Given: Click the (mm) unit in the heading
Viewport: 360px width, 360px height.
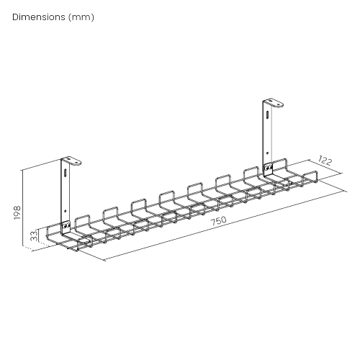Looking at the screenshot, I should pyautogui.click(x=81, y=17).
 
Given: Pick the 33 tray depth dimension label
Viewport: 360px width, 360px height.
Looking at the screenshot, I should pyautogui.click(x=33, y=235).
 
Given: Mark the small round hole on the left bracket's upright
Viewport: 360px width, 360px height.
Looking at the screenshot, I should pyautogui.click(x=67, y=212).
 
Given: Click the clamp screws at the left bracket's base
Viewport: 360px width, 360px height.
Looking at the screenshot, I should pyautogui.click(x=66, y=229).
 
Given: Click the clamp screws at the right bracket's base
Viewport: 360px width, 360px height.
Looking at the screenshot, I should pyautogui.click(x=268, y=168).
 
